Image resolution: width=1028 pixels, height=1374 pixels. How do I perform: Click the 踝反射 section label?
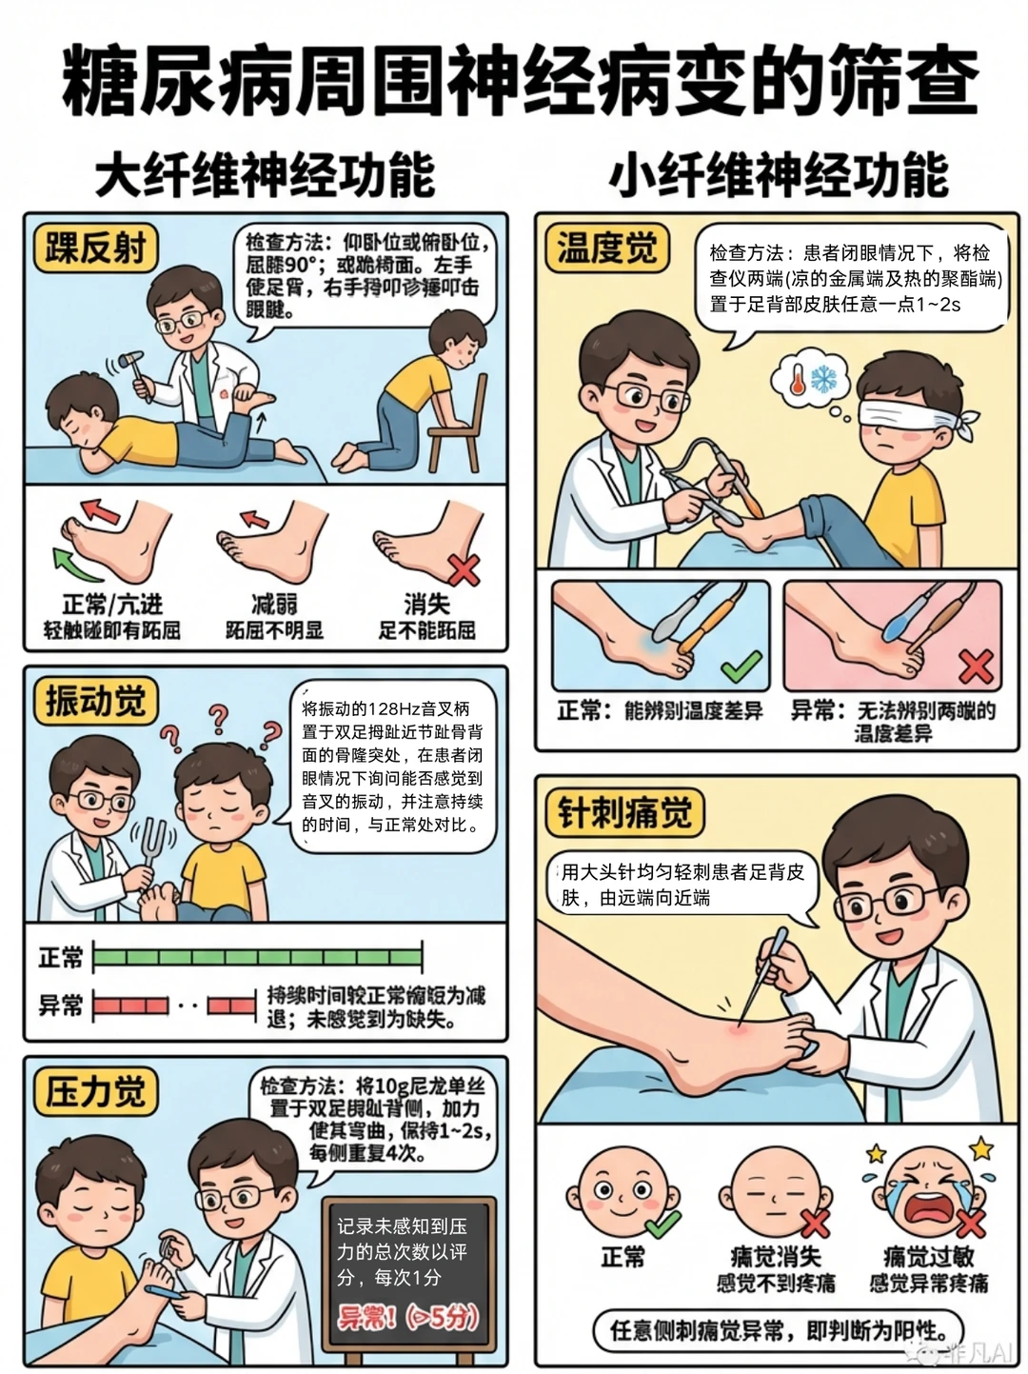tap(95, 249)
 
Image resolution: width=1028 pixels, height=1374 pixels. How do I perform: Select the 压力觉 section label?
tap(95, 1091)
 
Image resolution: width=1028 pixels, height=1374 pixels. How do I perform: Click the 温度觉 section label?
tap(606, 249)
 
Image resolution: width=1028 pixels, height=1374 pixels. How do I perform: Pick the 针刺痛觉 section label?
tap(624, 814)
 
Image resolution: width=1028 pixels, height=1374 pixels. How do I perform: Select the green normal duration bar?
tap(257, 956)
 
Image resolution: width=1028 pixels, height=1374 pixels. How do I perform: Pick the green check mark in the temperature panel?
tap(741, 666)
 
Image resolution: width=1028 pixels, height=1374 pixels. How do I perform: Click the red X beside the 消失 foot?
tap(464, 570)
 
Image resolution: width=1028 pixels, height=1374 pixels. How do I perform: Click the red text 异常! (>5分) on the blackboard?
tap(407, 1318)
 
